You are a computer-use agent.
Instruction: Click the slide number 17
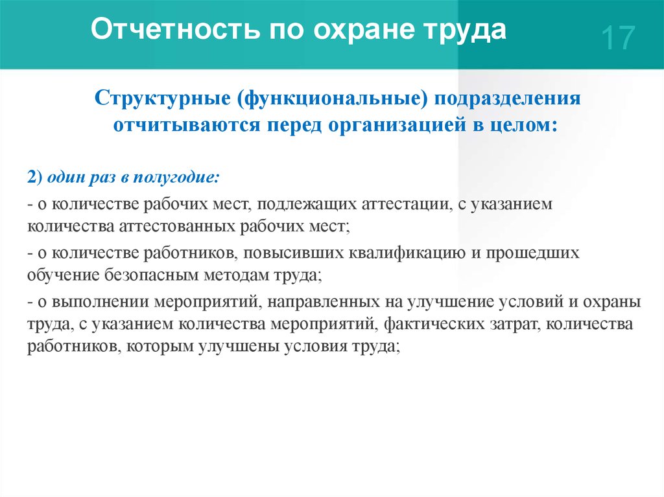coord(618,38)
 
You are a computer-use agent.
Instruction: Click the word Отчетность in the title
coord(174,29)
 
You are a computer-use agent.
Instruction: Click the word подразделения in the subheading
coord(506,99)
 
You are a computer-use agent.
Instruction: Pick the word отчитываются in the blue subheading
coord(186,125)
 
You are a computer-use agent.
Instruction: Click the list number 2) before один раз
coord(35,177)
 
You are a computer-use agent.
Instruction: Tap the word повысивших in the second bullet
coord(294,253)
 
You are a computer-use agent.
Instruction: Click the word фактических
coord(434,324)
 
